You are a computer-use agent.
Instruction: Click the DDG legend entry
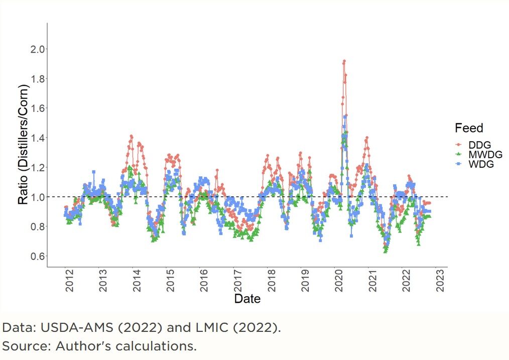pyautogui.click(x=477, y=145)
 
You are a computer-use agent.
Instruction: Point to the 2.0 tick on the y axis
pyautogui.click(x=37, y=49)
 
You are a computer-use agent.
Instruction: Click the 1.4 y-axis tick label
pyautogui.click(x=37, y=138)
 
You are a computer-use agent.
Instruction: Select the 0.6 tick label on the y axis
pyautogui.click(x=37, y=256)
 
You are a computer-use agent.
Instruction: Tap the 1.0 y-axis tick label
pyautogui.click(x=37, y=197)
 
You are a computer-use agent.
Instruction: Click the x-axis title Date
pyautogui.click(x=247, y=299)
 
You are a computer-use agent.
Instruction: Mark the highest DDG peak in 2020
pyautogui.click(x=344, y=61)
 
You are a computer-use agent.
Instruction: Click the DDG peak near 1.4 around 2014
pyautogui.click(x=132, y=136)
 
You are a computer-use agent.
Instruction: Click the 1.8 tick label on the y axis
pyautogui.click(x=37, y=78)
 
